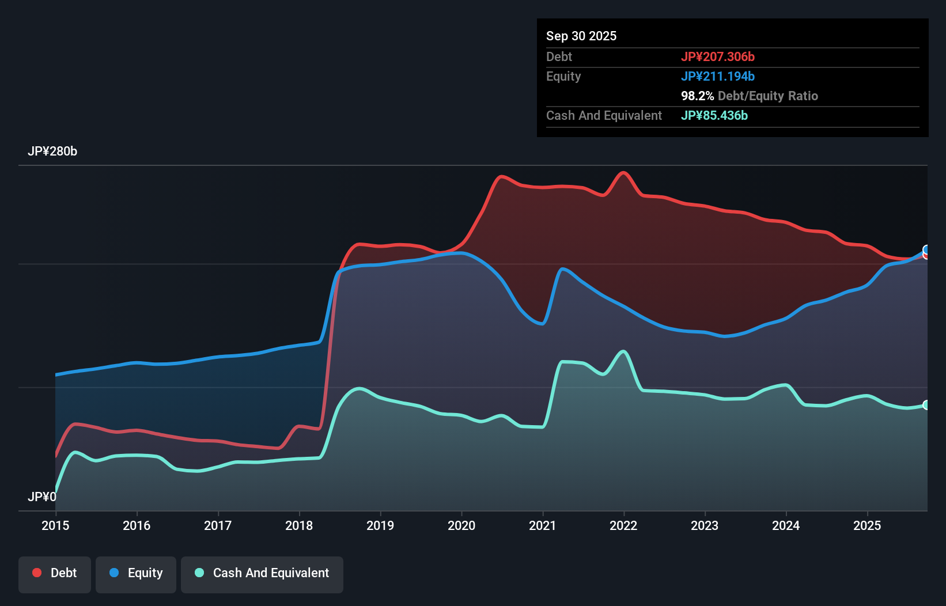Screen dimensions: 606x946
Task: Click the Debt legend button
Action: click(55, 574)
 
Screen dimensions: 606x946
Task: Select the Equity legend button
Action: click(136, 574)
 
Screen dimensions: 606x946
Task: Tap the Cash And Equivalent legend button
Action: click(262, 574)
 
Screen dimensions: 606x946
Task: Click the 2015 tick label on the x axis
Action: click(55, 525)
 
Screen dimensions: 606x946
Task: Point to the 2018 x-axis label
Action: click(299, 525)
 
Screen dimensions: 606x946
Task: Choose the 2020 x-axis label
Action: click(461, 525)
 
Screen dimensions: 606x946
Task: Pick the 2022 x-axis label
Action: click(623, 525)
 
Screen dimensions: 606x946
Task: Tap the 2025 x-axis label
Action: click(867, 525)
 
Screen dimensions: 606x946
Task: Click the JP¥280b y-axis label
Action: click(52, 151)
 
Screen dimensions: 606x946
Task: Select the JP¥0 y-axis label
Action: click(42, 497)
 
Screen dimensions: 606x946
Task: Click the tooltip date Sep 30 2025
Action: click(581, 36)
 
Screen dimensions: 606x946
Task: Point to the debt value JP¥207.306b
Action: click(717, 56)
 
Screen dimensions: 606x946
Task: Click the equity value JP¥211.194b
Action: click(717, 76)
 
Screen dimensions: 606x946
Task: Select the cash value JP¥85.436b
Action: click(714, 115)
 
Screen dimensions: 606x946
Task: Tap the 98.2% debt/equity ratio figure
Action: click(697, 96)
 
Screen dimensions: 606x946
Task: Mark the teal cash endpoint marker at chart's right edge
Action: click(926, 405)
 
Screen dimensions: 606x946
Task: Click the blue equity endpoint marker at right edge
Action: click(926, 249)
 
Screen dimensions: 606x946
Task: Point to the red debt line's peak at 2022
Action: click(623, 172)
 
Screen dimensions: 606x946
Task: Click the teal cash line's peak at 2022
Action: click(623, 351)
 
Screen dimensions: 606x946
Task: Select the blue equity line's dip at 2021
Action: click(542, 324)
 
